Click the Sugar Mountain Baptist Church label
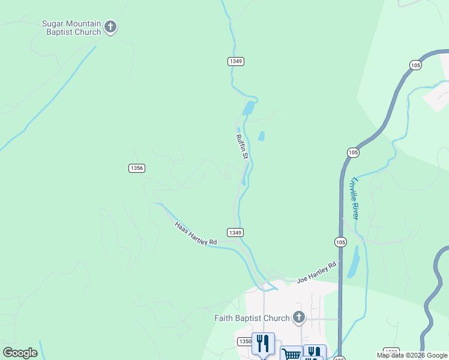click(x=71, y=28)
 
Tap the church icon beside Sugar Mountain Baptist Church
click(x=110, y=27)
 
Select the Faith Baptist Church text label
click(x=252, y=318)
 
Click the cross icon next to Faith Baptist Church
click(x=298, y=317)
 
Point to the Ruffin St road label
click(x=242, y=146)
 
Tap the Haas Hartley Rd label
click(x=195, y=234)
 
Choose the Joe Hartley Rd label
click(x=316, y=272)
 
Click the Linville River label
click(x=354, y=197)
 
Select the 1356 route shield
click(x=137, y=168)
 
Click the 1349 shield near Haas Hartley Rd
click(x=235, y=232)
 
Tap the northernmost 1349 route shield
click(x=236, y=61)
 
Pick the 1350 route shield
click(x=245, y=341)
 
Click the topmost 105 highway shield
click(x=415, y=65)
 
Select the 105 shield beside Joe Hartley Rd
click(x=340, y=242)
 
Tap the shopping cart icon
click(x=291, y=355)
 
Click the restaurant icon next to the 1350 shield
click(x=263, y=343)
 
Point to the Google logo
click(x=20, y=353)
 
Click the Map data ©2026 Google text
click(x=412, y=355)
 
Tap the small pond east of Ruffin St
click(x=261, y=136)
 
